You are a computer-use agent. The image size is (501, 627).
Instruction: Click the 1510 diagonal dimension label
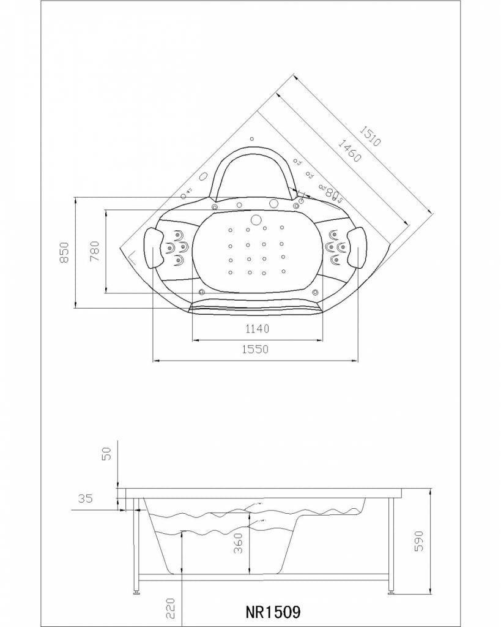369,135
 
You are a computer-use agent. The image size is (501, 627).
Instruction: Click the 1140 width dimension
257,329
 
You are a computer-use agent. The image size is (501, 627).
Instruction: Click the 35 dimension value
85,499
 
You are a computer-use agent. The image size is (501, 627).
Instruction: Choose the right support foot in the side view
391,592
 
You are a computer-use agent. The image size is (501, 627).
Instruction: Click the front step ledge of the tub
256,304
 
